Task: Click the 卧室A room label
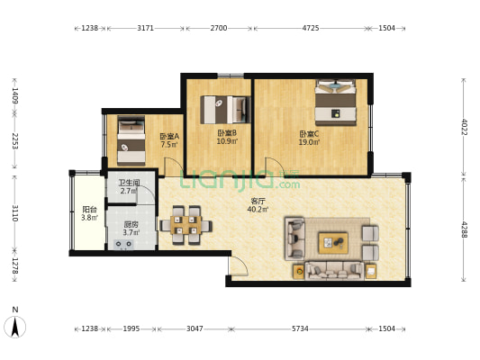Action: [x=169, y=136]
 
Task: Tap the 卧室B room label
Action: [x=227, y=133]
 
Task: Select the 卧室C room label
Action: [x=309, y=134]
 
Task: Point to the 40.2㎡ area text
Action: [x=258, y=209]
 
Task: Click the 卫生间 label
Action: [x=129, y=183]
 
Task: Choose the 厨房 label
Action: [x=131, y=224]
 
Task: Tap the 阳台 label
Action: [x=89, y=210]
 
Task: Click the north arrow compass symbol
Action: [x=15, y=327]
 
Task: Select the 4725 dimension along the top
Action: [x=311, y=28]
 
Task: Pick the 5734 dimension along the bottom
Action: [x=300, y=328]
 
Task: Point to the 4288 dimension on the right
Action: [x=464, y=229]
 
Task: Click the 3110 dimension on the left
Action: [x=15, y=213]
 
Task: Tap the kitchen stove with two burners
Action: [x=123, y=244]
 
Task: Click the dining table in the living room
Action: [x=186, y=225]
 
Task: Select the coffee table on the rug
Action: [x=333, y=243]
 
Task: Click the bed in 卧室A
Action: [x=131, y=140]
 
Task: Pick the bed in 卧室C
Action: [x=336, y=103]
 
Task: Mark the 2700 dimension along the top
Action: [x=219, y=28]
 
